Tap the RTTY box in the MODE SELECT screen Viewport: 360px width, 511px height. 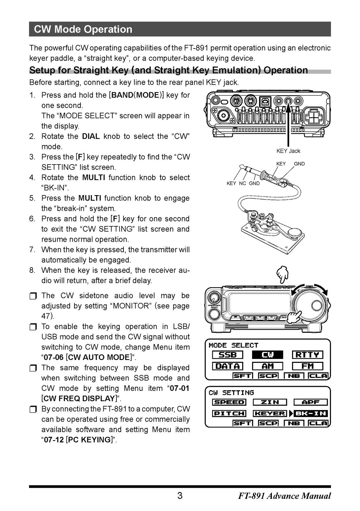[307, 355]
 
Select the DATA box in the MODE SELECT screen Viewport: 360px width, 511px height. [228, 366]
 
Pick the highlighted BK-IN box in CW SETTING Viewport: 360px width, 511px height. [311, 414]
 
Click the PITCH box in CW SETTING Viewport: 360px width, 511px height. [229, 414]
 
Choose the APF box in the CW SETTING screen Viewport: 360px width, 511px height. [311, 402]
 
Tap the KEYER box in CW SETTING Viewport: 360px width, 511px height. [270, 414]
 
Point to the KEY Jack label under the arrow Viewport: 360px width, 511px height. [288, 151]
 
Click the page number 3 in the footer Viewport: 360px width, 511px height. [180, 496]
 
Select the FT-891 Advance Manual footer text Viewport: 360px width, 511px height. [284, 496]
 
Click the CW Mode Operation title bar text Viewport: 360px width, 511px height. [83, 29]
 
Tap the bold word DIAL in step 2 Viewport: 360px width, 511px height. [91, 136]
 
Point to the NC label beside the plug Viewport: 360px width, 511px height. [243, 183]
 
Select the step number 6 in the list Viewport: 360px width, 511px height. [32, 219]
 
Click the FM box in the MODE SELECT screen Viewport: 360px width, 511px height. [307, 366]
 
